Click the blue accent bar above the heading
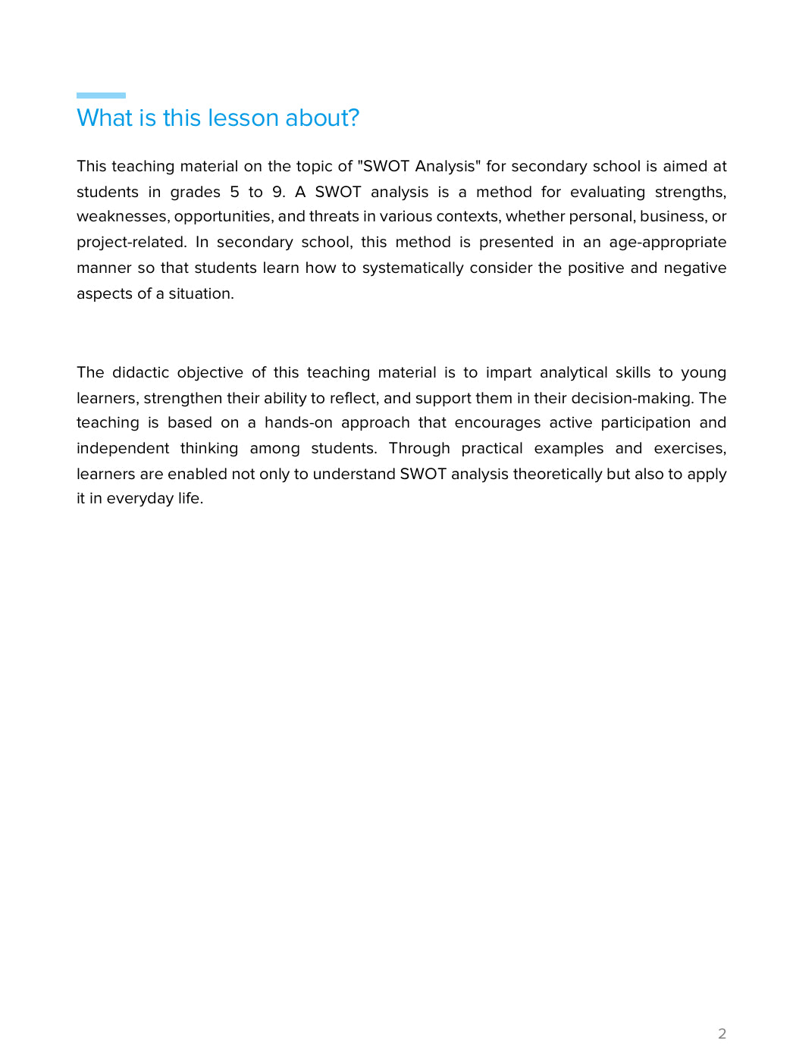pos(101,96)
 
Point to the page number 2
pos(722,1033)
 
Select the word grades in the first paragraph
pos(195,192)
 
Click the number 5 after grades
pos(234,192)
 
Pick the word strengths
pos(690,192)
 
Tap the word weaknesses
pos(123,217)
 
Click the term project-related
pos(131,243)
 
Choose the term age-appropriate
pos(667,243)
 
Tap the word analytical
pos(573,373)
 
